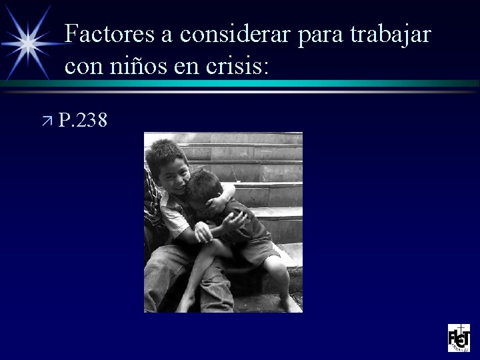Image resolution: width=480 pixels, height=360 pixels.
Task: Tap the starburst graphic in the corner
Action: tap(27, 41)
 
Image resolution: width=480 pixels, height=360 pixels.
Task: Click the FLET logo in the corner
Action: tap(459, 338)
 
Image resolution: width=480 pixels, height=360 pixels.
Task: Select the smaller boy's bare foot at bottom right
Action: tap(290, 303)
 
